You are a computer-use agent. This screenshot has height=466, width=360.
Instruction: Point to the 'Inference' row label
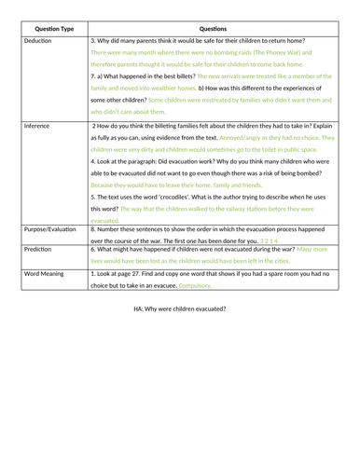coord(38,124)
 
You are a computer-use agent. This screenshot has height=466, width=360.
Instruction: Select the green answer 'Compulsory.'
coord(197,287)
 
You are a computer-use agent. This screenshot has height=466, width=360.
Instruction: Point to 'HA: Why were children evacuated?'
coord(180,308)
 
